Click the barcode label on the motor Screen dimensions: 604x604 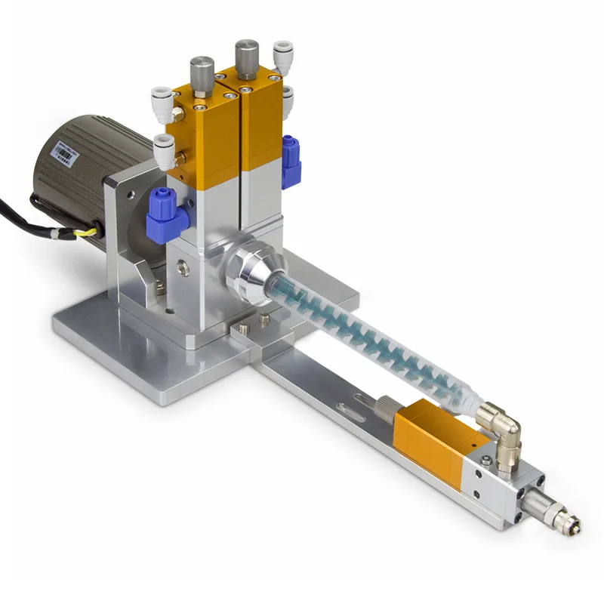65,155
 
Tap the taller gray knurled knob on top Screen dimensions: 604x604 247,57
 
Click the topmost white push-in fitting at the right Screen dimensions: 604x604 283,55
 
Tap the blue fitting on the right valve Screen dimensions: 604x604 291,161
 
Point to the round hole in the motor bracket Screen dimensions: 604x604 132,195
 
